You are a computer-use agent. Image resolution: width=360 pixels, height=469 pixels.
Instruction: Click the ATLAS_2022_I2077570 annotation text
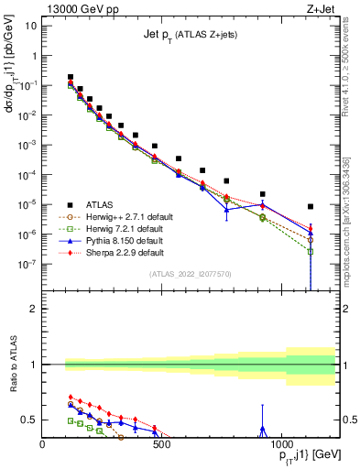click(x=190, y=273)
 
